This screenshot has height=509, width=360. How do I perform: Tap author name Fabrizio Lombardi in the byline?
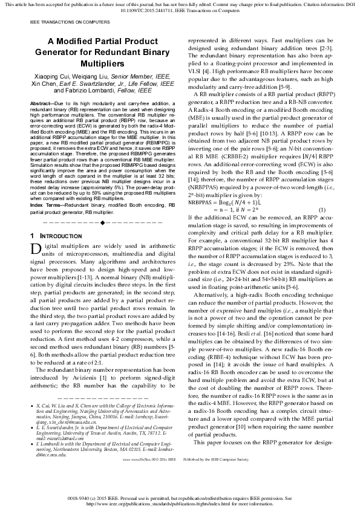point(95,91)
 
